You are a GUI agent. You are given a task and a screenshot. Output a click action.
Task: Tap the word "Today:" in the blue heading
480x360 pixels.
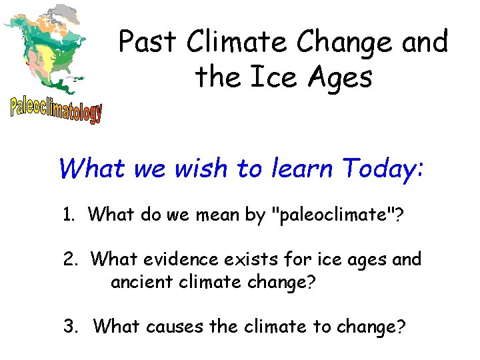point(383,169)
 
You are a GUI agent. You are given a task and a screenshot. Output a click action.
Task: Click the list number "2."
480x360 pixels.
point(72,259)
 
